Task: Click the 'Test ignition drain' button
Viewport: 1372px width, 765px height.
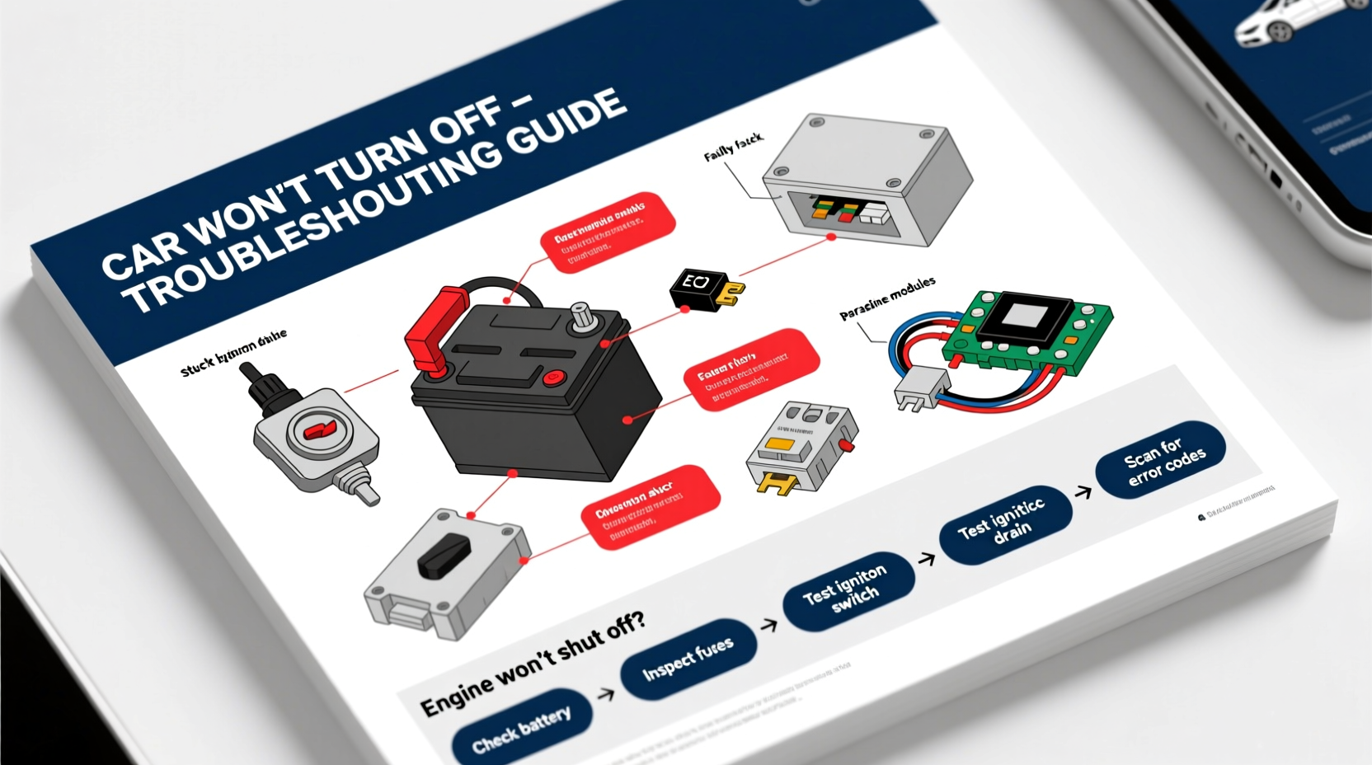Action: [x=1006, y=524]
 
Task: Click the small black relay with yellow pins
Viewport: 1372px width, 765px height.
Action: [x=697, y=289]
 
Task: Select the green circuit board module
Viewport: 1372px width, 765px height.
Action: [x=1031, y=330]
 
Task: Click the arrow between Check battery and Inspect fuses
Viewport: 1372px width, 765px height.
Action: [x=606, y=694]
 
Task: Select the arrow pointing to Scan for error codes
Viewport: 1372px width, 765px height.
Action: [x=1084, y=492]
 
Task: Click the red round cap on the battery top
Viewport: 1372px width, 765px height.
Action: [x=552, y=378]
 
